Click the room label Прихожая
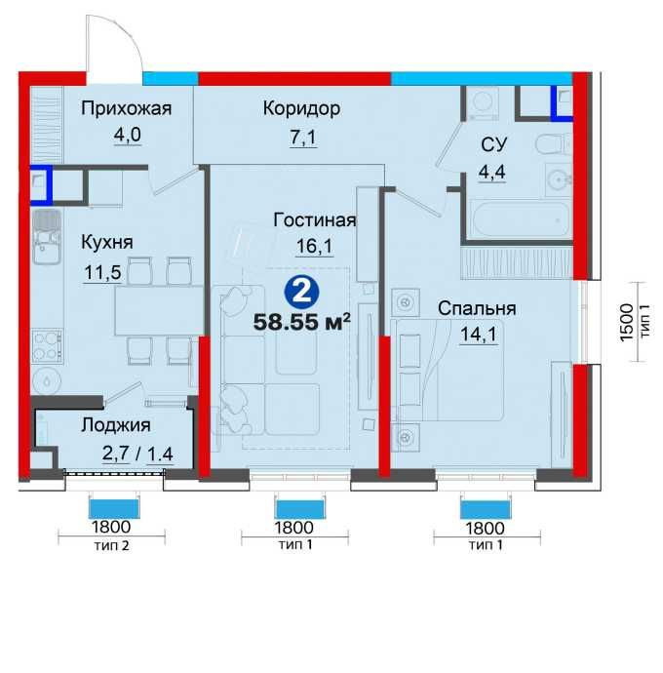pyautogui.click(x=126, y=109)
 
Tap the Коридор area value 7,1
pyautogui.click(x=303, y=138)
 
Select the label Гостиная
pyautogui.click(x=315, y=220)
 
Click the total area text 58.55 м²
pyautogui.click(x=302, y=322)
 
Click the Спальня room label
pyautogui.click(x=477, y=308)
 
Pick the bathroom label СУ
pyautogui.click(x=494, y=144)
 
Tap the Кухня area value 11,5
pyautogui.click(x=103, y=272)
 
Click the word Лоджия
pyautogui.click(x=116, y=425)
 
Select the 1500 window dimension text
pyautogui.click(x=627, y=322)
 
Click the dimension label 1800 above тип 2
pyautogui.click(x=111, y=527)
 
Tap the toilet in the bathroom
pyautogui.click(x=554, y=144)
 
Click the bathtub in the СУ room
pyautogui.click(x=520, y=218)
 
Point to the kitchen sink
pyautogui.click(x=47, y=237)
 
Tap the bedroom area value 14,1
pyautogui.click(x=479, y=335)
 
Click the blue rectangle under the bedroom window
pyautogui.click(x=486, y=509)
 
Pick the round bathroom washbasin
pyautogui.click(x=559, y=180)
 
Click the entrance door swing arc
pyautogui.click(x=126, y=38)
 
